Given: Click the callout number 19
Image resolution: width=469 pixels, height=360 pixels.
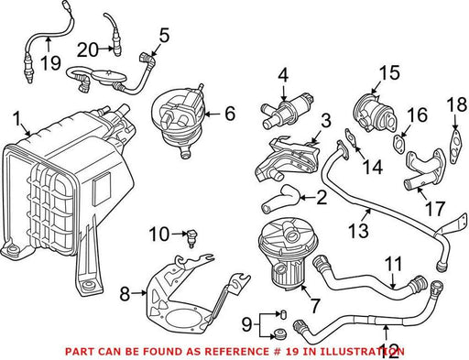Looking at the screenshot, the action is (50, 63).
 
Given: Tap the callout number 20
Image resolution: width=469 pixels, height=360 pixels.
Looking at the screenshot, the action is (88, 49).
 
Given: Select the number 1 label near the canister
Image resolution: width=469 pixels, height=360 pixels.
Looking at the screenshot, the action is (17, 119).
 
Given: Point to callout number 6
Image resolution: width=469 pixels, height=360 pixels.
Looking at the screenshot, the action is (230, 114).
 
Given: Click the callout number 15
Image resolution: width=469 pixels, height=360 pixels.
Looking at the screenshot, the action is (389, 72).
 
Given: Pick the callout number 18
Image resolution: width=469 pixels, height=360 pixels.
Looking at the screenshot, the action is (456, 104).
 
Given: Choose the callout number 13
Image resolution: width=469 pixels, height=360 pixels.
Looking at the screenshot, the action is (358, 230).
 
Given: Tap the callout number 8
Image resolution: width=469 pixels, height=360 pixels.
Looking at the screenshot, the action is (125, 294).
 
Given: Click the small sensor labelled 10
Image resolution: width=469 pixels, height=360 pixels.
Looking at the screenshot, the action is (191, 238).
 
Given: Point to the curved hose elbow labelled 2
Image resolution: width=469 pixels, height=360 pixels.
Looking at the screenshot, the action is (279, 199).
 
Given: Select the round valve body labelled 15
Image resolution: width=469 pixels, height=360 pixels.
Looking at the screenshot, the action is (375, 113).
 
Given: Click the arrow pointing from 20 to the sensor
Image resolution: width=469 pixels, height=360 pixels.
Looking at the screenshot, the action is (106, 49).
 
